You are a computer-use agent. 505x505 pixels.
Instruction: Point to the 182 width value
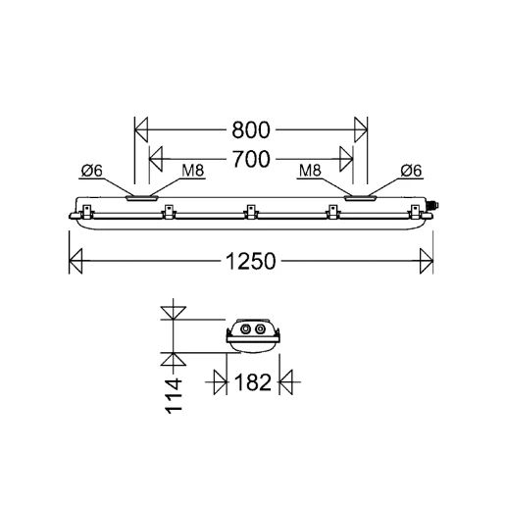[253, 382]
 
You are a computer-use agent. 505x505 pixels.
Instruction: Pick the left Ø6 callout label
[93, 172]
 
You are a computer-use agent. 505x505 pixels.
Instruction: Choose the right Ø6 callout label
[410, 172]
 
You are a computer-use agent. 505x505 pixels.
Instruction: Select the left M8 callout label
[193, 172]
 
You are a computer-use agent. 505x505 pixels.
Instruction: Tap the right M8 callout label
[310, 172]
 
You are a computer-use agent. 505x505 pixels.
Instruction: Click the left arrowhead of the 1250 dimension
[75, 261]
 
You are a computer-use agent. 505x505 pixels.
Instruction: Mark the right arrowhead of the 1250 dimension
[425, 261]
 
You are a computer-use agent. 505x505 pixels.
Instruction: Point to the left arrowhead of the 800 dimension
[140, 128]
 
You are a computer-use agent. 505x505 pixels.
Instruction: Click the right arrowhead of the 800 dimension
[360, 128]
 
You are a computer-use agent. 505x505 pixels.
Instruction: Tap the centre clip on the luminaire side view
[251, 209]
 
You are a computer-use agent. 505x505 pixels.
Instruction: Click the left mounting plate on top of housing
[142, 198]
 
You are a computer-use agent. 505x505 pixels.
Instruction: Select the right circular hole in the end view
[260, 330]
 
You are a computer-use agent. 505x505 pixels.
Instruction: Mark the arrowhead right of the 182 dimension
[286, 382]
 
